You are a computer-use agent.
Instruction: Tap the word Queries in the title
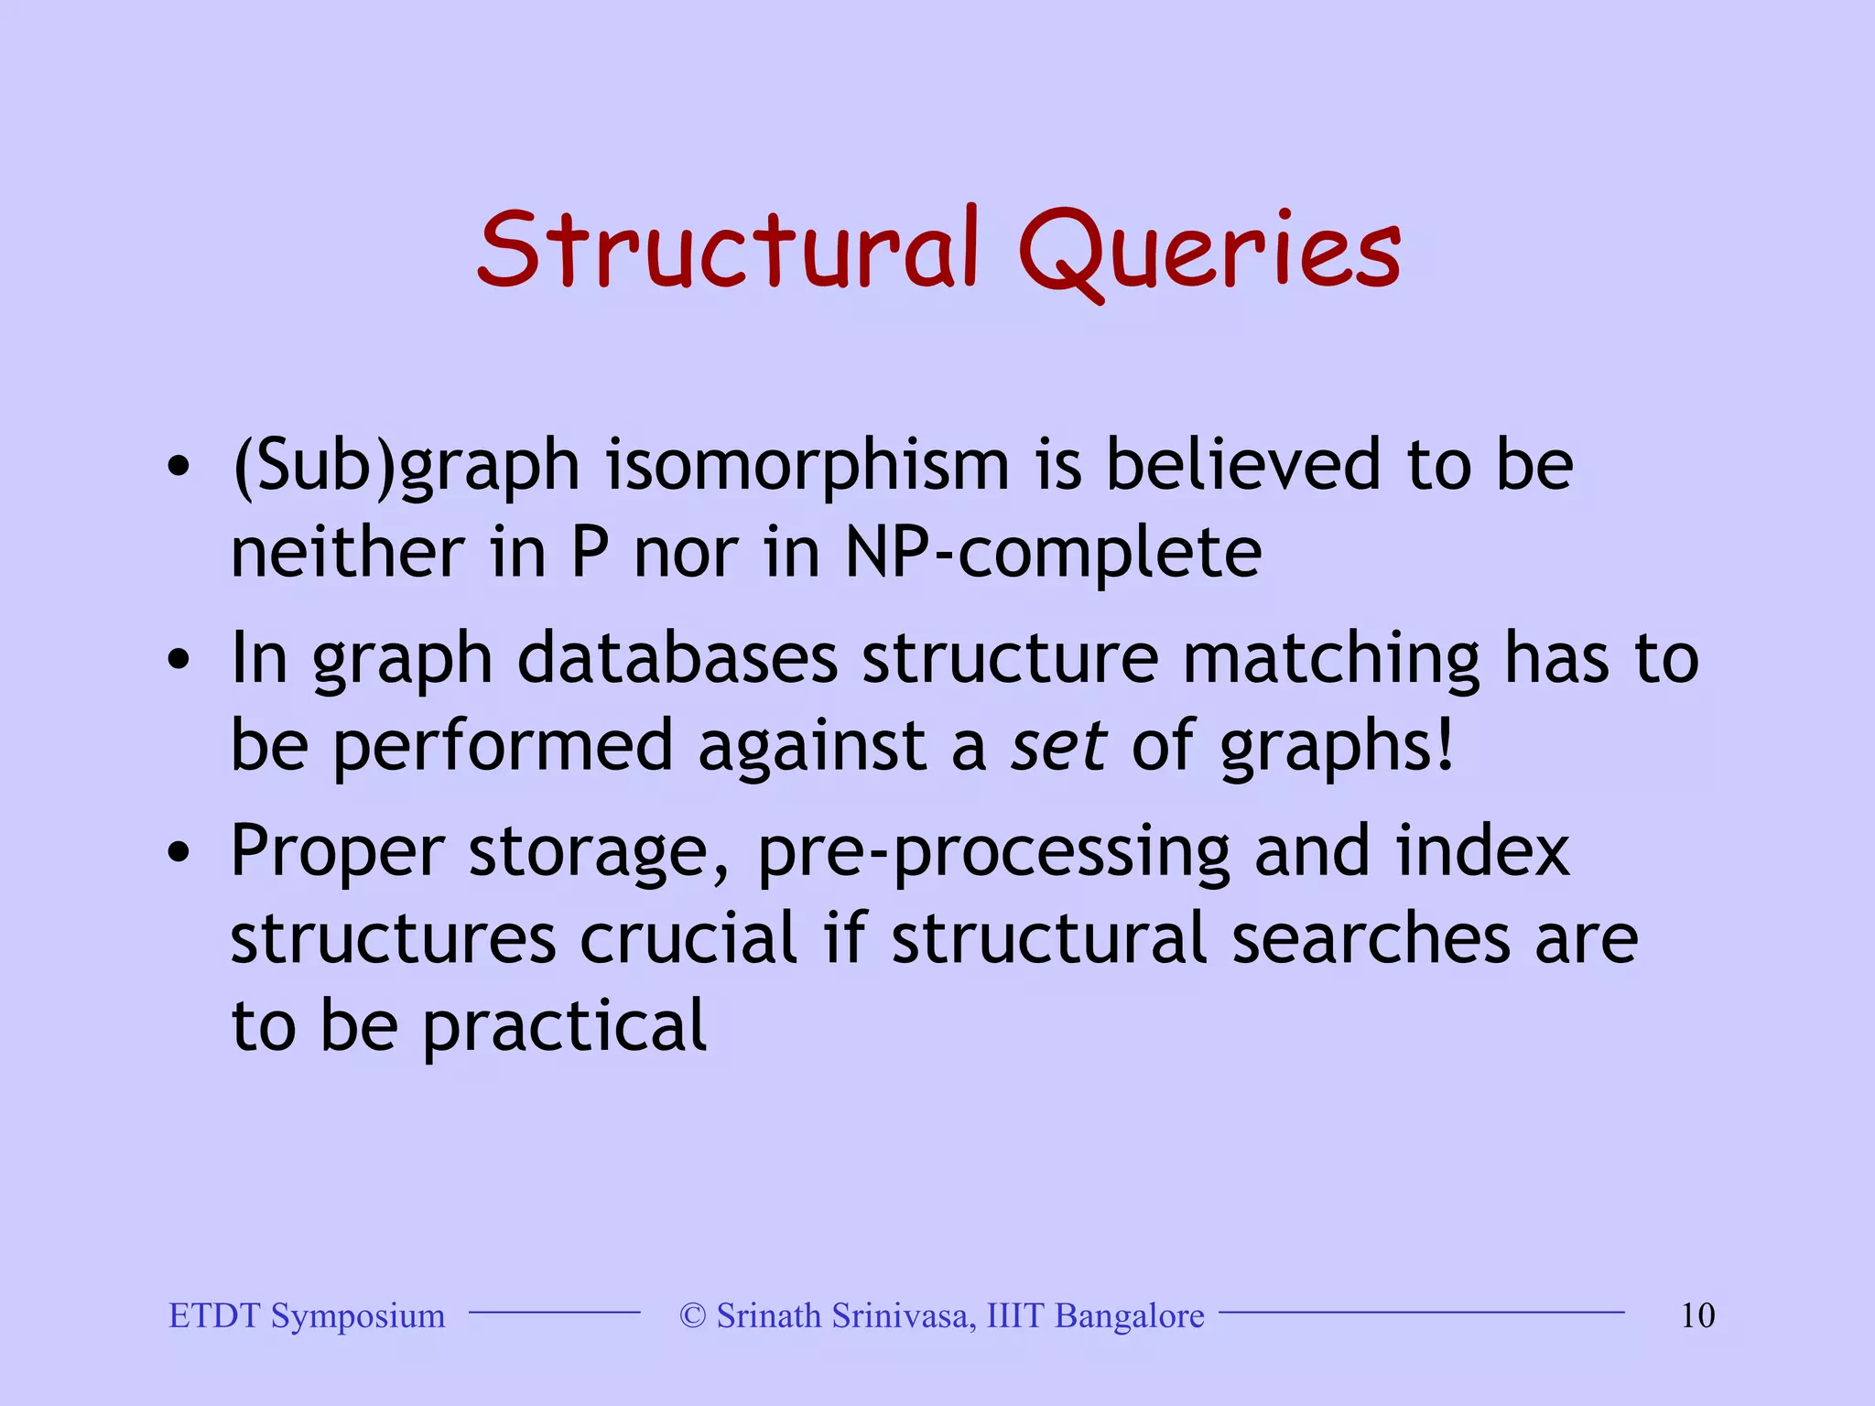[x=1208, y=249]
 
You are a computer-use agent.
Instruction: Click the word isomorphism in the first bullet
[x=807, y=465]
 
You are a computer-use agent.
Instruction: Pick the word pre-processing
[x=993, y=851]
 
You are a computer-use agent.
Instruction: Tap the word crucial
[x=688, y=938]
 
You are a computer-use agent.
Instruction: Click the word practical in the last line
[x=564, y=1026]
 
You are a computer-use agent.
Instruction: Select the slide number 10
[x=1697, y=1315]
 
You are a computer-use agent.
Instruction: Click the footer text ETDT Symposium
[x=307, y=1315]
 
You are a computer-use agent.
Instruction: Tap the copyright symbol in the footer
[x=693, y=1315]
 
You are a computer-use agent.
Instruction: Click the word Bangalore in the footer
[x=1130, y=1315]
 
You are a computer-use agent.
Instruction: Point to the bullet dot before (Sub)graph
[x=179, y=467]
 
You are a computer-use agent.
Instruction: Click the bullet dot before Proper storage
[x=179, y=853]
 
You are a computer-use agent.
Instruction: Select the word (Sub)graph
[x=406, y=465]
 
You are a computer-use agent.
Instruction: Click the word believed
[x=1243, y=465]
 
